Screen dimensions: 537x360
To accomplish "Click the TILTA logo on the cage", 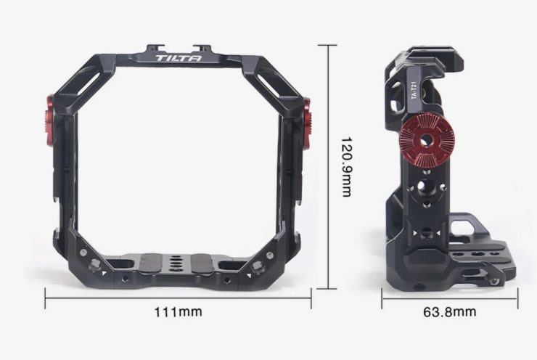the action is (179, 58).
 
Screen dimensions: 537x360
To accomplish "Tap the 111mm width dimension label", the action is (178, 312).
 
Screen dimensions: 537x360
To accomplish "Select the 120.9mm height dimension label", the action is (347, 167).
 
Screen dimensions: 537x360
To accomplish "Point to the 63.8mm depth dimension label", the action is (450, 311).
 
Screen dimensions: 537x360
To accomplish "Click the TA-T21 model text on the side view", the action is (414, 90).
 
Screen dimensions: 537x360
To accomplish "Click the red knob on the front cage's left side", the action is (50, 115).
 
